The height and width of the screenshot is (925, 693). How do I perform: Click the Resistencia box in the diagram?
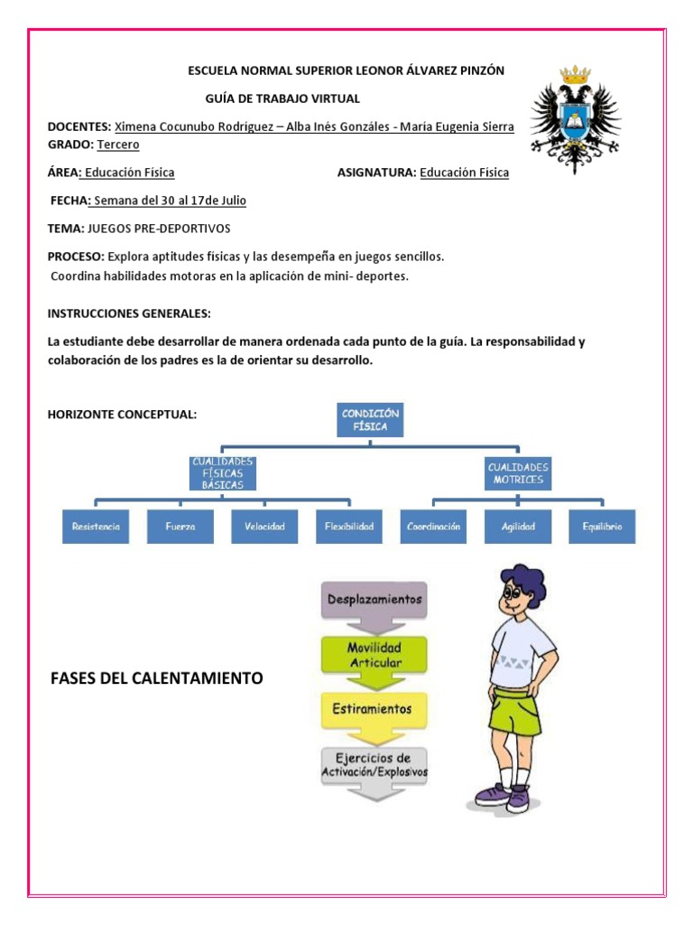point(96,527)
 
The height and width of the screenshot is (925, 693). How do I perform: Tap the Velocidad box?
point(264,527)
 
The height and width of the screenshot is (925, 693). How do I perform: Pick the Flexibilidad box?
point(348,527)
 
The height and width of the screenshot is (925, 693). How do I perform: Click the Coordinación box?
point(433,527)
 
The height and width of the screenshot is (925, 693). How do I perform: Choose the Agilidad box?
point(518,527)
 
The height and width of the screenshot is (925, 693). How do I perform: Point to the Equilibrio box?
point(602,527)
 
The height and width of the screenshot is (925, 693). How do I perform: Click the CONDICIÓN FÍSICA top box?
point(369,420)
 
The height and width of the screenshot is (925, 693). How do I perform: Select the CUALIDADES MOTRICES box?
point(519,473)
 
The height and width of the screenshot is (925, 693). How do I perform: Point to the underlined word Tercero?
point(118,145)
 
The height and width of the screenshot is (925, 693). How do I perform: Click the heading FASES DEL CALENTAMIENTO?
point(157,678)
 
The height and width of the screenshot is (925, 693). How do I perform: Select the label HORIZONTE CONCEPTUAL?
point(122,414)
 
